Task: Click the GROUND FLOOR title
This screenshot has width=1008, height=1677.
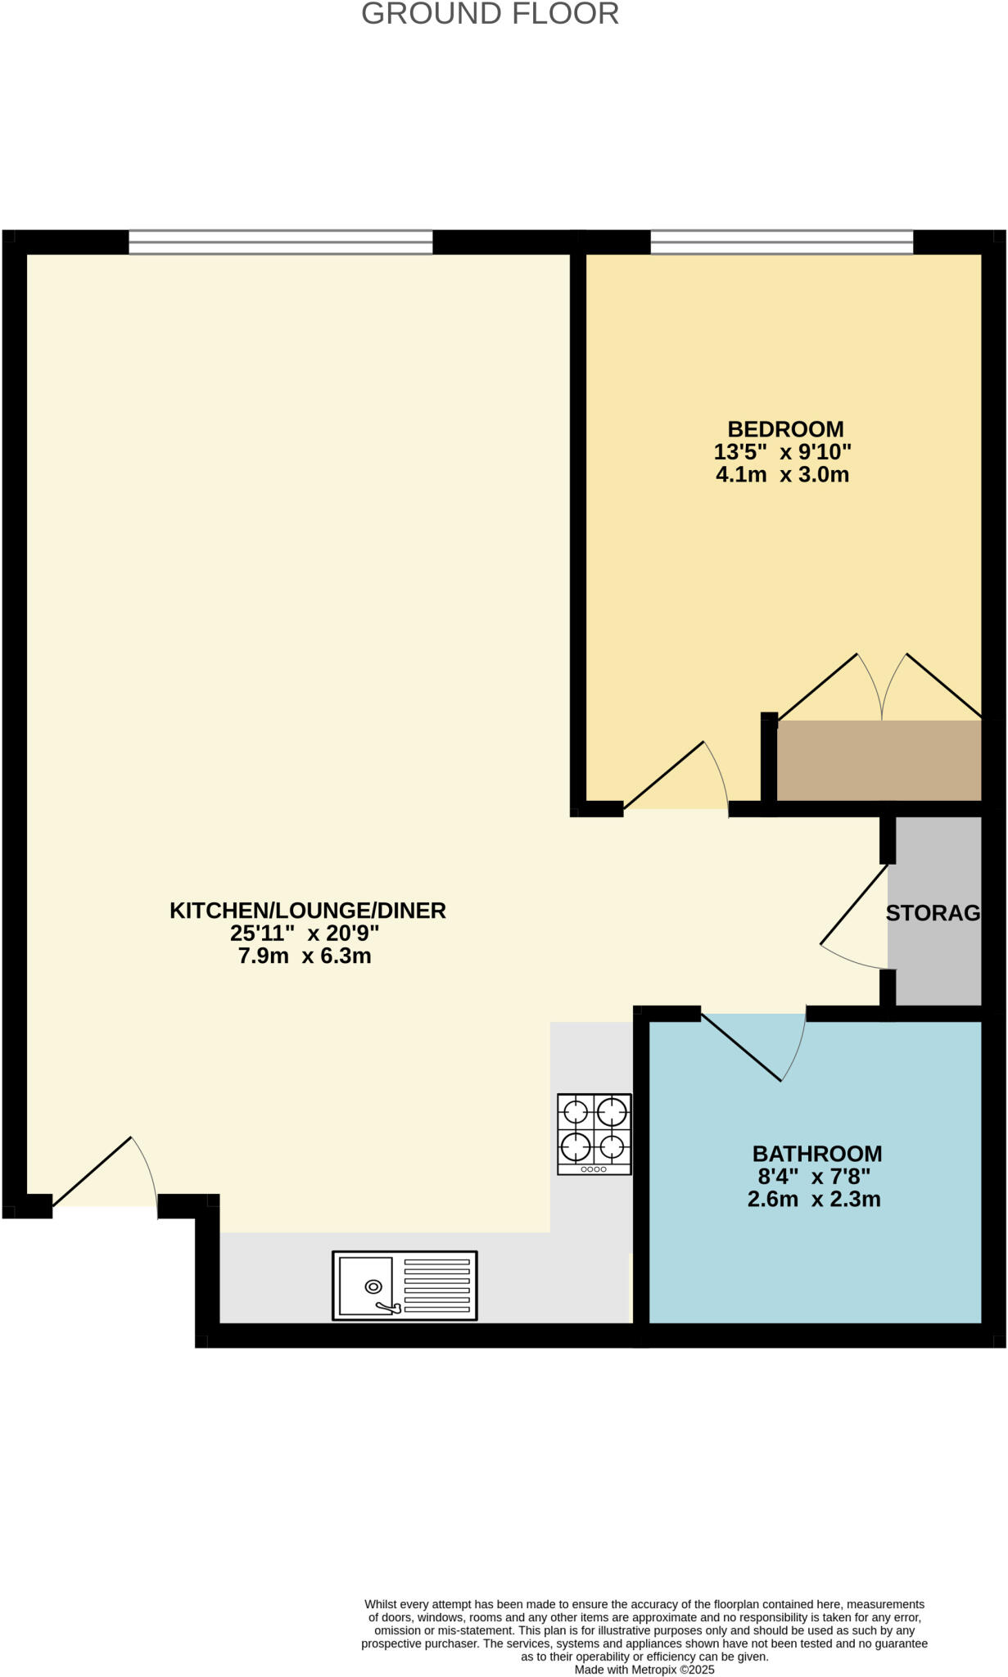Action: click(x=490, y=14)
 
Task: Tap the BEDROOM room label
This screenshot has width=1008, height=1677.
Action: click(x=785, y=429)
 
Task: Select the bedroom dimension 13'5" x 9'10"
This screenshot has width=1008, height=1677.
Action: click(x=783, y=452)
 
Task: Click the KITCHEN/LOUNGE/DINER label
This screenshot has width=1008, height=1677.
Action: click(x=308, y=911)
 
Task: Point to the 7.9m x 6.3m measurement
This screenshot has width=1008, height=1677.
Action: click(x=305, y=956)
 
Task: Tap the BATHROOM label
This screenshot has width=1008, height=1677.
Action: click(x=817, y=1154)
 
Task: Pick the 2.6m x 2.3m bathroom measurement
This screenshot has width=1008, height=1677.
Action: click(x=814, y=1200)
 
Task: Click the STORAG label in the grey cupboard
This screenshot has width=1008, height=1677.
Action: click(x=933, y=913)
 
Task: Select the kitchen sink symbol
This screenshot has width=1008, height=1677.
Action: click(x=405, y=1285)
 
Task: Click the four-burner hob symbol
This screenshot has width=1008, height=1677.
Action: click(x=594, y=1134)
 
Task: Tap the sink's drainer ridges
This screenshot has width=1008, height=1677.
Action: click(x=437, y=1286)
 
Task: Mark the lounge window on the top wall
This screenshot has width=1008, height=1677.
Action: click(x=281, y=242)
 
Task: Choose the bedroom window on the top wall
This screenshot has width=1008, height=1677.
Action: click(x=782, y=242)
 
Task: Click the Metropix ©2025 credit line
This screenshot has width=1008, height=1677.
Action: click(x=644, y=1670)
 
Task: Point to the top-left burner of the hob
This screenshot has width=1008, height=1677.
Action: click(x=576, y=1112)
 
